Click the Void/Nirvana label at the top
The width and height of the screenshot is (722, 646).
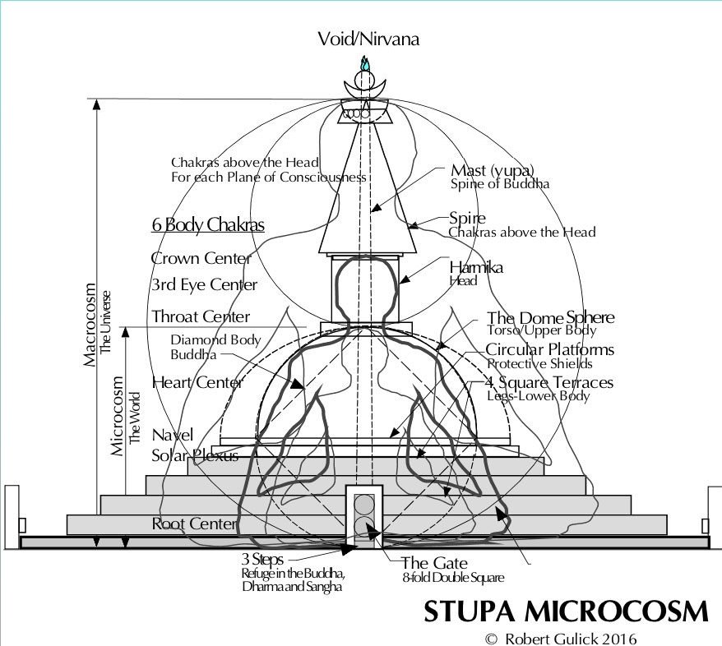[368, 39]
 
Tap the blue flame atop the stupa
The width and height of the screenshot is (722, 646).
[365, 63]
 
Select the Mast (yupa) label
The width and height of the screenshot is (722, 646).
[493, 170]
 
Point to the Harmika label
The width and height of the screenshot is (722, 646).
[476, 267]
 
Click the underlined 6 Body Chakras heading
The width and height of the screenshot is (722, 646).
[208, 224]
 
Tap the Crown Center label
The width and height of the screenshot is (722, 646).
[201, 258]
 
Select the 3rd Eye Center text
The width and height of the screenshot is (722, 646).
[204, 285]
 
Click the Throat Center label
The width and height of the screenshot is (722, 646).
[201, 316]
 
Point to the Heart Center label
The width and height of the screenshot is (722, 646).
[197, 382]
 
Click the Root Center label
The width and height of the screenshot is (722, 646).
[194, 524]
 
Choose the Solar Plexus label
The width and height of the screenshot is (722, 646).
[195, 455]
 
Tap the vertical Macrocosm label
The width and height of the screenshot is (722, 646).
[90, 325]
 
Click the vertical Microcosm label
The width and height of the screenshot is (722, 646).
[118, 416]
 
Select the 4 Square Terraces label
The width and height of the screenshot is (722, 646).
[549, 382]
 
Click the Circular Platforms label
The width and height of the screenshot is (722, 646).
[550, 349]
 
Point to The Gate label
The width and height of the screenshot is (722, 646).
[434, 563]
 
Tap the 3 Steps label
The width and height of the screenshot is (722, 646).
[262, 559]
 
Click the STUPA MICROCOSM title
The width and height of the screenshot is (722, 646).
[566, 611]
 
